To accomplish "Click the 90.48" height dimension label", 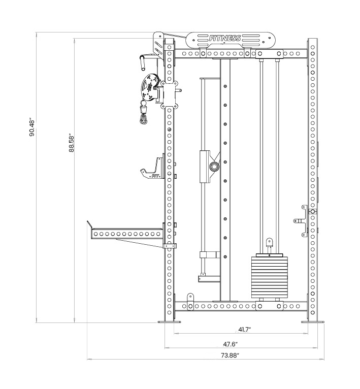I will point(32,128).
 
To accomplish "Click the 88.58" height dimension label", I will point(72,143).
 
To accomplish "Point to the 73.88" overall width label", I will point(230,355).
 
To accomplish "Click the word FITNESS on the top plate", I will point(225,38).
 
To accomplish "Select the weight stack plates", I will point(269,276).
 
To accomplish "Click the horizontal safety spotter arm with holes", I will point(126,234).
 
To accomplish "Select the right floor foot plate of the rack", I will point(314,321).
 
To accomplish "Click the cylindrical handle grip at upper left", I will point(143,62).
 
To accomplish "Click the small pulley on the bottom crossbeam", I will point(190,299).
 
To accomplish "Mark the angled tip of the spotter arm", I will point(89,224).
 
